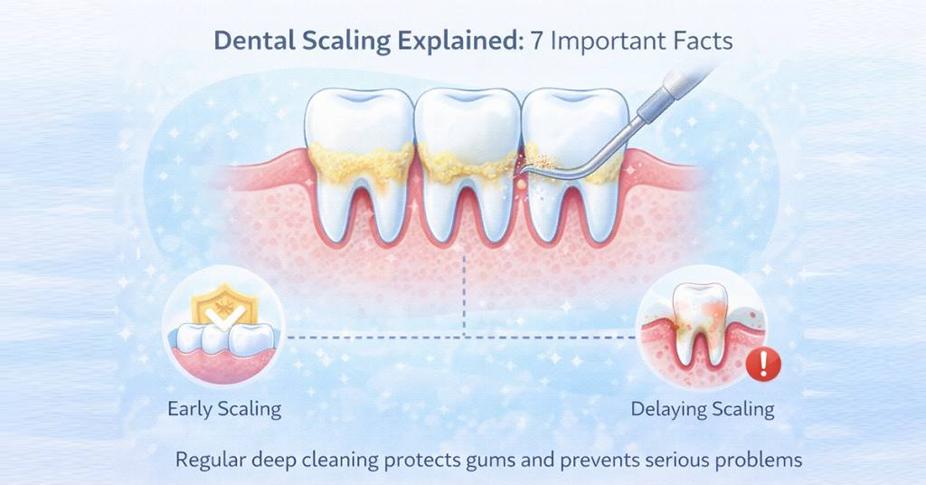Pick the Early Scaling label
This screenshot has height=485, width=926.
coord(224,408)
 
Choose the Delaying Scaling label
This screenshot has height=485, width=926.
coord(703,408)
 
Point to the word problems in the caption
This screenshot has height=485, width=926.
coord(757,460)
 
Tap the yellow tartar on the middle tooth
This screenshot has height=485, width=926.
coord(463,166)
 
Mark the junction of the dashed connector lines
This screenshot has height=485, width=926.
coord(464,338)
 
